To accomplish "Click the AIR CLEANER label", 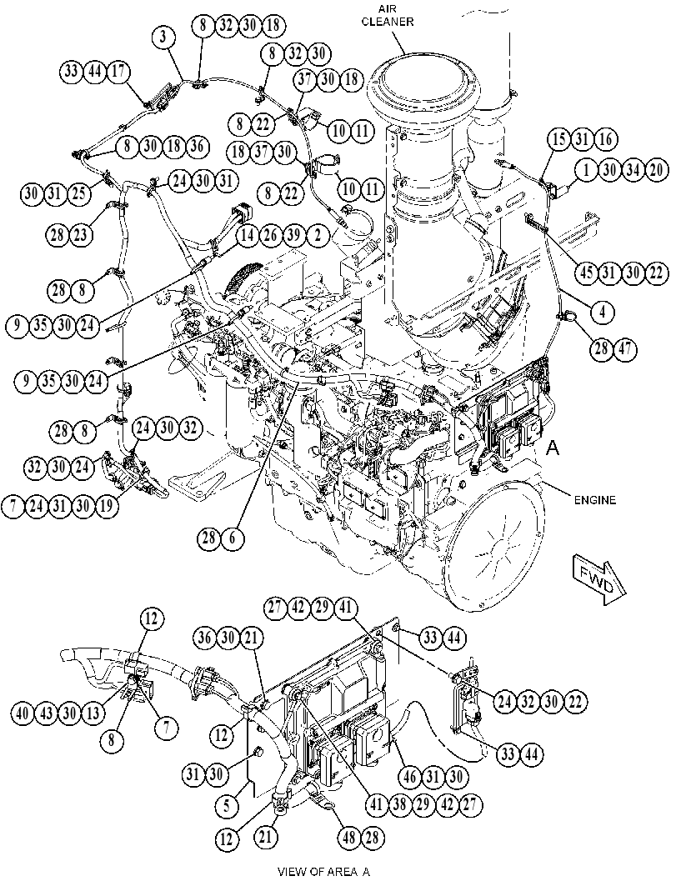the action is click(387, 16).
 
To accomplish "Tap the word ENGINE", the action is click(594, 499).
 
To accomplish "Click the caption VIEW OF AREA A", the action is click(324, 872).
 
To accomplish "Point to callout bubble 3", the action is click(163, 37).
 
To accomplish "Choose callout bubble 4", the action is click(603, 312).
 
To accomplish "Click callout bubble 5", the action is click(228, 806).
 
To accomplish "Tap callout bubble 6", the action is click(232, 538).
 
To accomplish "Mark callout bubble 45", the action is click(587, 273).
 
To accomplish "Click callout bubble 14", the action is click(248, 235).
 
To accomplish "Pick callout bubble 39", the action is click(294, 235).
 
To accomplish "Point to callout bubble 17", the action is click(118, 71).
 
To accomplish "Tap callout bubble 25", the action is click(78, 193).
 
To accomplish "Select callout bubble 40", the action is click(24, 713).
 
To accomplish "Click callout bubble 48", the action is click(349, 838).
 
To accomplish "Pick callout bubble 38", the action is click(399, 804).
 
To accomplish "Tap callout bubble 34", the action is click(633, 169).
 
